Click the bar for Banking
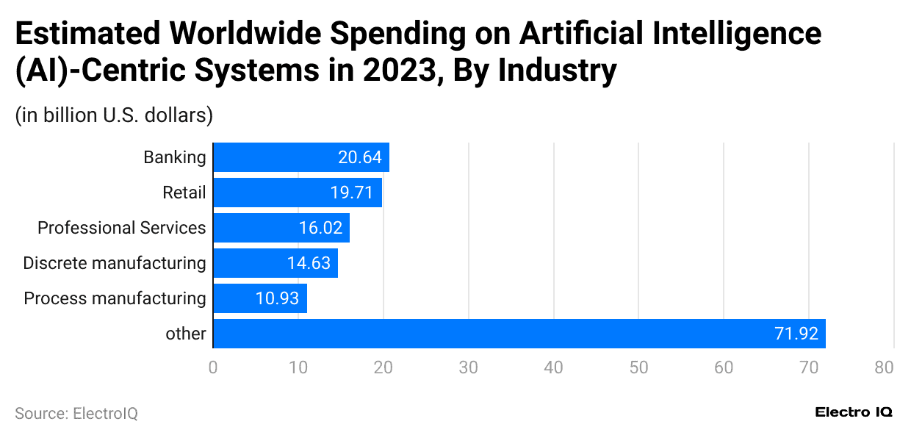tap(300, 157)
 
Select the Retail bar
tap(297, 193)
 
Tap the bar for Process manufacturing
tap(259, 298)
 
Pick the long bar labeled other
tap(519, 334)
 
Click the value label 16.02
tap(320, 228)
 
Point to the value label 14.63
tap(309, 263)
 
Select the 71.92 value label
tap(796, 334)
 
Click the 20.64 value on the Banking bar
tap(360, 157)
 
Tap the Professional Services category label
tap(121, 228)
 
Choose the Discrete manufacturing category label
tap(114, 263)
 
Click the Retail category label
tap(184, 193)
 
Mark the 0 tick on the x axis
tap(213, 367)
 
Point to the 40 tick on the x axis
tap(553, 367)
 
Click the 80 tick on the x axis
tap(884, 367)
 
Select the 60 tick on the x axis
tap(724, 367)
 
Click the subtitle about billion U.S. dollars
tap(114, 115)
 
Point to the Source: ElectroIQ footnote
tap(76, 414)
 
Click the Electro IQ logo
tap(854, 413)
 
